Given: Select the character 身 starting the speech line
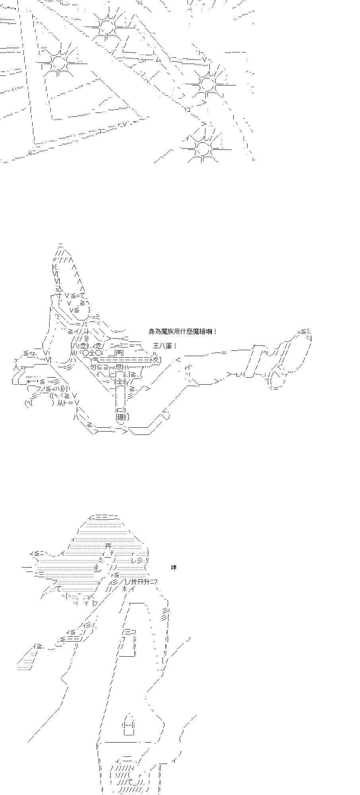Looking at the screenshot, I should pos(151,332).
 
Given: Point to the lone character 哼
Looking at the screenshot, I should pos(174,567).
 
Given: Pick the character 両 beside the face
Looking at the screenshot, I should pos(120,352).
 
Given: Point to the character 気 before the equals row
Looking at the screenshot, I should pos(97,360).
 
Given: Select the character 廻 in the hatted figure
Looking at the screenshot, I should pos(120,417).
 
